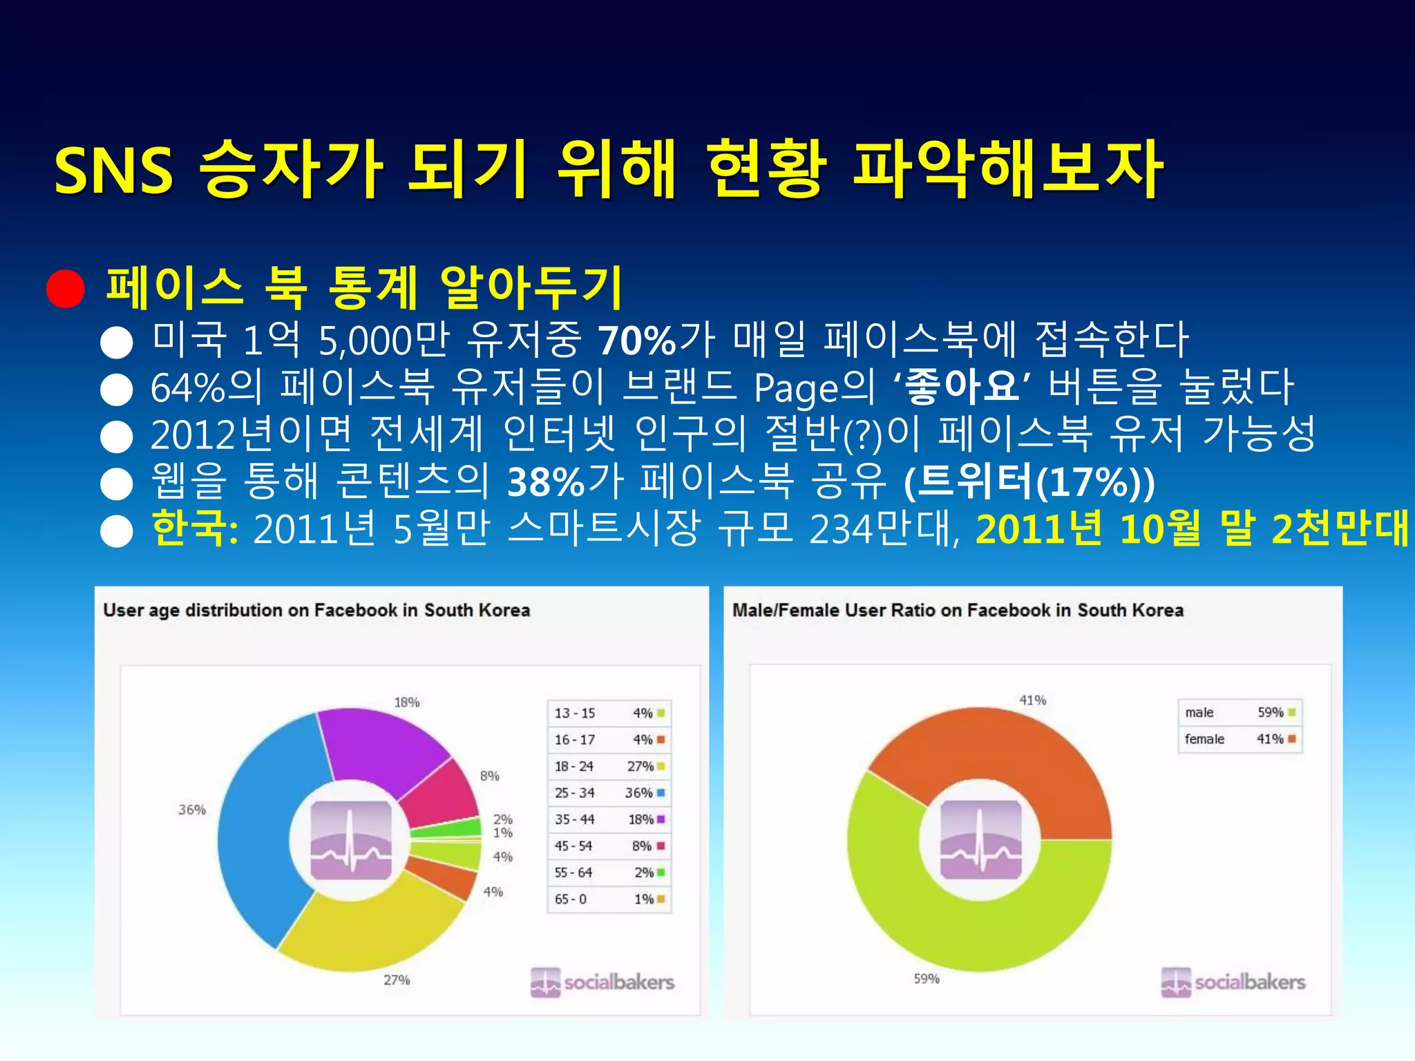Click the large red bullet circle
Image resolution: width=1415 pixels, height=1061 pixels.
pyautogui.click(x=66, y=288)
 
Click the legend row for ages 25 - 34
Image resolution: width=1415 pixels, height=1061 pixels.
pyautogui.click(x=609, y=793)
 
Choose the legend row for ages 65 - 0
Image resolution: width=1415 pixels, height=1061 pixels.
pyautogui.click(x=609, y=899)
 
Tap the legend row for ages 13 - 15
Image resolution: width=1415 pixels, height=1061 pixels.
pyautogui.click(x=609, y=713)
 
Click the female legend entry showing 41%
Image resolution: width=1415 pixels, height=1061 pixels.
pyautogui.click(x=1240, y=739)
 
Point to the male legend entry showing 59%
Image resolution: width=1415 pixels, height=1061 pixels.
pyautogui.click(x=1240, y=712)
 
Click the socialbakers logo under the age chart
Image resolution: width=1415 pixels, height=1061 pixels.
pyautogui.click(x=602, y=982)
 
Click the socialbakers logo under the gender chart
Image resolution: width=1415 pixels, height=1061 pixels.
pyautogui.click(x=1233, y=982)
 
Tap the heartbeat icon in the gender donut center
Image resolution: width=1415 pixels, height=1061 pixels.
pyautogui.click(x=980, y=840)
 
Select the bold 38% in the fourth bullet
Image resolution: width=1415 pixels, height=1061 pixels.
pyautogui.click(x=546, y=482)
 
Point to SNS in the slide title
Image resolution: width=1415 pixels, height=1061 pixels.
pyautogui.click(x=113, y=171)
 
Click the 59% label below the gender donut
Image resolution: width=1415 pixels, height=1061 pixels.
pyautogui.click(x=926, y=979)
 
